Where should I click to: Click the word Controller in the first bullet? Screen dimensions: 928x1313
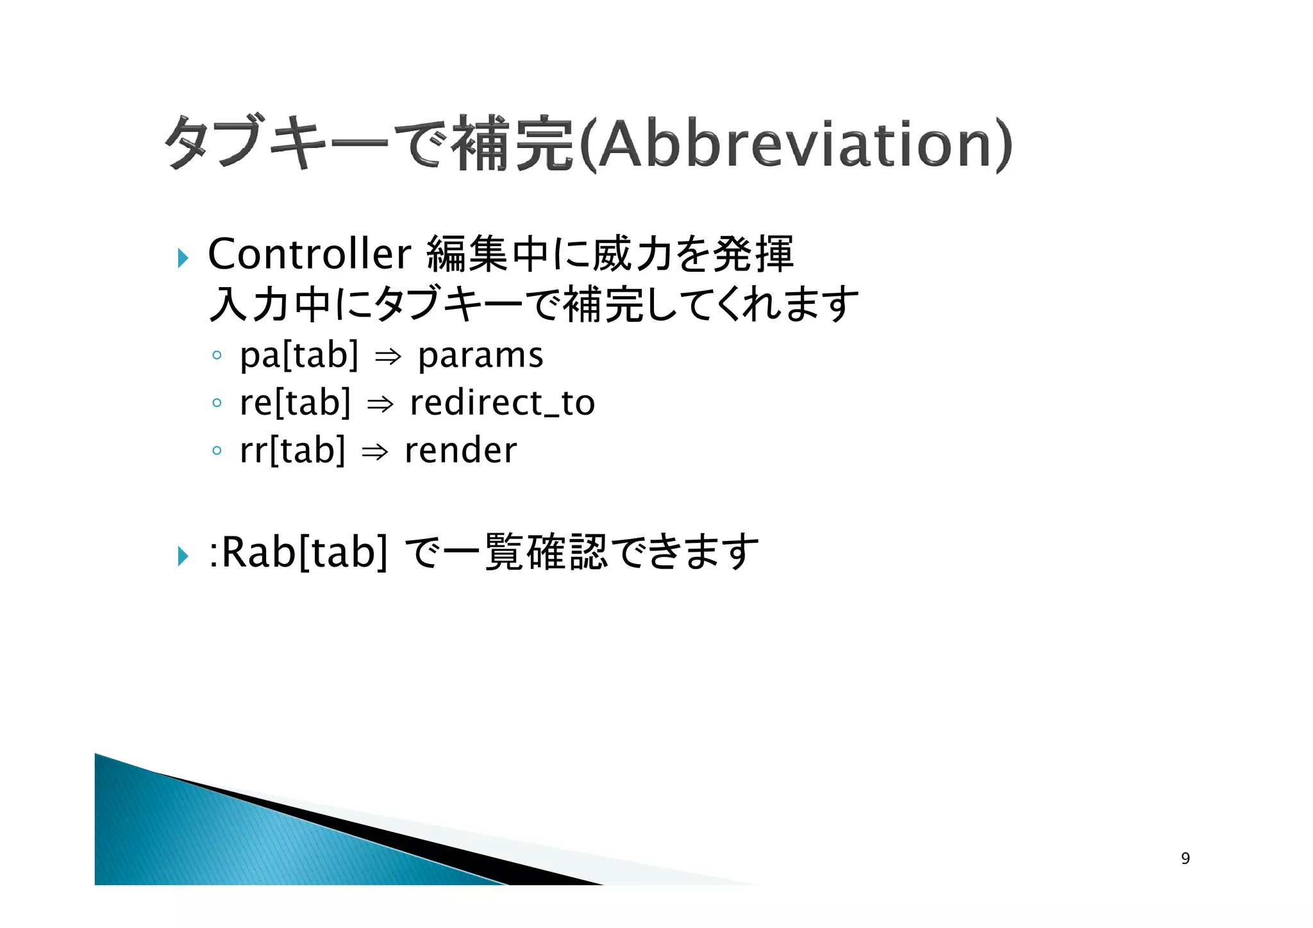(309, 254)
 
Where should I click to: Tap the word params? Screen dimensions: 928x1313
(480, 355)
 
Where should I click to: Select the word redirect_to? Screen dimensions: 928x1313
(502, 403)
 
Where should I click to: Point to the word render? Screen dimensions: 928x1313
(460, 451)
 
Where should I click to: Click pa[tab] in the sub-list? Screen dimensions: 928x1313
(299, 355)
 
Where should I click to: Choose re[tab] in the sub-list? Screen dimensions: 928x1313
(295, 403)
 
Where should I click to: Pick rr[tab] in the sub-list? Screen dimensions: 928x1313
(292, 451)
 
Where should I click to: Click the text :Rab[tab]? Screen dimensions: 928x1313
(298, 552)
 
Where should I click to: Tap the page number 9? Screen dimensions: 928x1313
(1185, 858)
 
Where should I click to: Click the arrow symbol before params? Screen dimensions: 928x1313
(388, 358)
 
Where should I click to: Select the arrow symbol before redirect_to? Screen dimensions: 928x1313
(380, 405)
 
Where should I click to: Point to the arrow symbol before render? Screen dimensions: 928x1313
(375, 452)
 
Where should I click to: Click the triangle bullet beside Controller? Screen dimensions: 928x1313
(183, 258)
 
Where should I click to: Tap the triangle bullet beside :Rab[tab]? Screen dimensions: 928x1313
(183, 556)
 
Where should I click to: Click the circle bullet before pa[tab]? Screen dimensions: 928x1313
(217, 355)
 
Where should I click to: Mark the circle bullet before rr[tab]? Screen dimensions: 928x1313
(217, 451)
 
